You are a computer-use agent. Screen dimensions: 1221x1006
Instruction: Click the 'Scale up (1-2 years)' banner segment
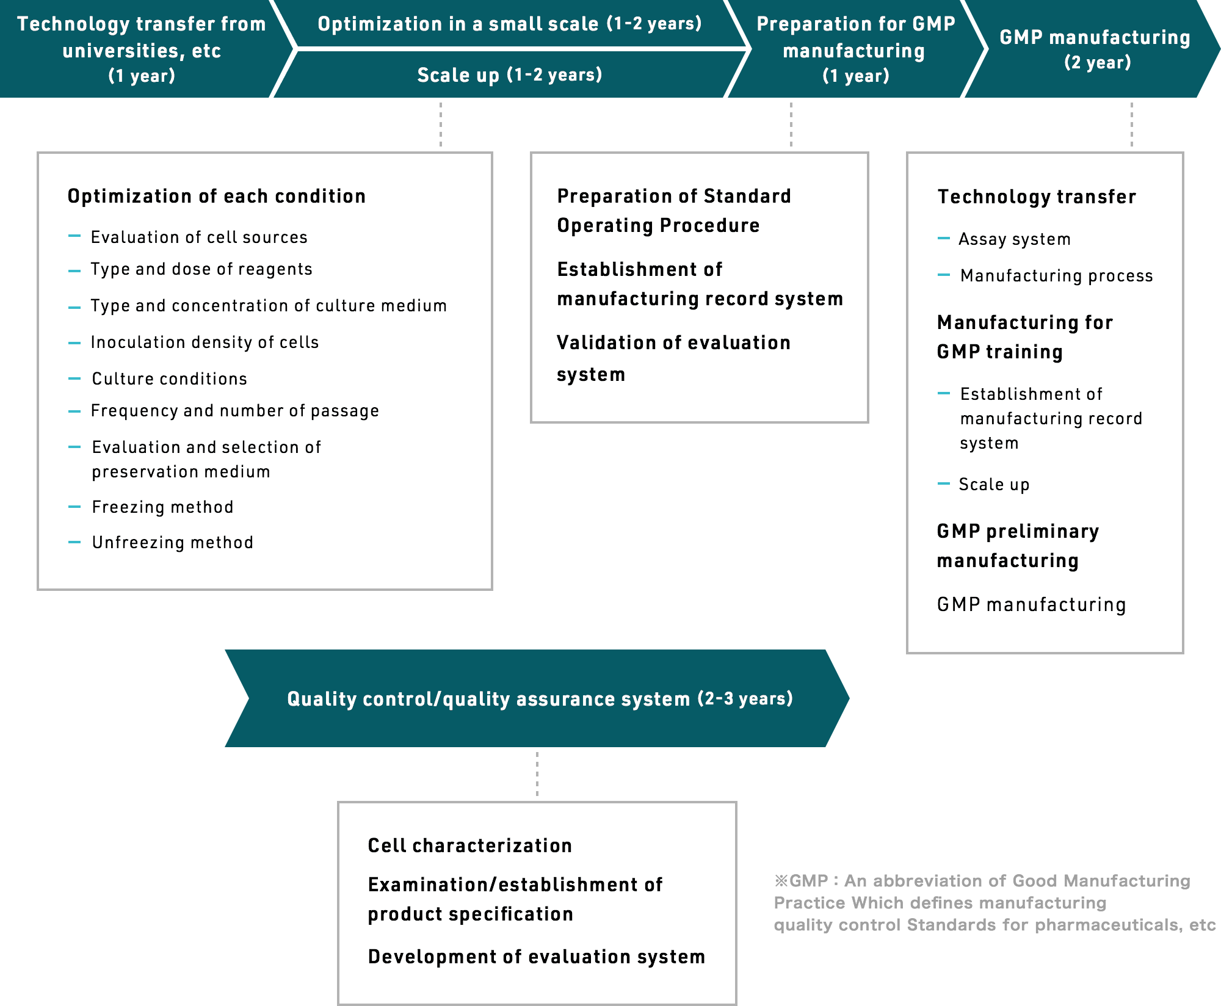[510, 74]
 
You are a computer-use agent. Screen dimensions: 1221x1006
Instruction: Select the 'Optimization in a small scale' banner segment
[510, 23]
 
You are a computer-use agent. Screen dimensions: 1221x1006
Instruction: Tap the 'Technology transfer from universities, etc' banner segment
[142, 49]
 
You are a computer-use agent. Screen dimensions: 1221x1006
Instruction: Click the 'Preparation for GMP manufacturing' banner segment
[855, 49]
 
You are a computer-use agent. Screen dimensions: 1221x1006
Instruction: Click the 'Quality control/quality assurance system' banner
[537, 698]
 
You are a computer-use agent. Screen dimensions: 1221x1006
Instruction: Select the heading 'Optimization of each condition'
[217, 196]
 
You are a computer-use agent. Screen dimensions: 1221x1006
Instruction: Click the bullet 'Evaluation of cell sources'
[199, 237]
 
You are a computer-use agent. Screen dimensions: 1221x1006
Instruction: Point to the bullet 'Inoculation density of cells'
[205, 342]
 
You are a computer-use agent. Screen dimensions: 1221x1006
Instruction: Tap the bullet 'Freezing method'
[163, 507]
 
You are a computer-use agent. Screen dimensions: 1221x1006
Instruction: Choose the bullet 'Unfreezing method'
[173, 542]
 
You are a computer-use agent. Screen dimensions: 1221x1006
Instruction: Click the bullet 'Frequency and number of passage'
[235, 411]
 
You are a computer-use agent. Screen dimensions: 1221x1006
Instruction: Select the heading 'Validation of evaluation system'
[673, 358]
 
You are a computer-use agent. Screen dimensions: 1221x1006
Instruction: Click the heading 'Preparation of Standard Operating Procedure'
[674, 211]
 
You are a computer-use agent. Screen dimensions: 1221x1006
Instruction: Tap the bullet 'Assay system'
[1015, 239]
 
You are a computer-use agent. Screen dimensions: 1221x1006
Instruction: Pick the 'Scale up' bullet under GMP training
[994, 484]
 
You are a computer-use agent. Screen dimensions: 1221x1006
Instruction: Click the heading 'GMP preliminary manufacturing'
[1018, 546]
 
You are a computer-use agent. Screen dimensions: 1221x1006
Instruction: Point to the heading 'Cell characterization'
[470, 845]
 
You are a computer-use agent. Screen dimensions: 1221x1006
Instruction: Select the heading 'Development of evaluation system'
[537, 957]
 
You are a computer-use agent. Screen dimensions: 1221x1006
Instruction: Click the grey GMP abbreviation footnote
[995, 903]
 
